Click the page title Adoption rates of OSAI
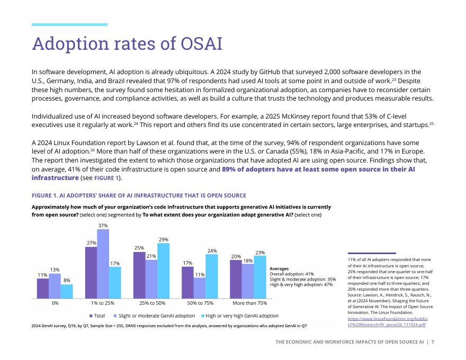click(x=127, y=43)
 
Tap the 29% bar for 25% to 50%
click(x=163, y=271)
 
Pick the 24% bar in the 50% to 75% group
click(x=211, y=276)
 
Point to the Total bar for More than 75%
click(x=236, y=279)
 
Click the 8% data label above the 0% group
click(x=67, y=280)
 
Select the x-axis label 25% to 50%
click(x=151, y=303)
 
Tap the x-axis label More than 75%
click(x=249, y=303)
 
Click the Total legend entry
click(x=97, y=316)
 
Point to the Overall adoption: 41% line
click(x=292, y=274)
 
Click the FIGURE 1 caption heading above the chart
click(x=139, y=196)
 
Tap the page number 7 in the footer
click(x=433, y=342)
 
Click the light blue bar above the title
click(x=69, y=24)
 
